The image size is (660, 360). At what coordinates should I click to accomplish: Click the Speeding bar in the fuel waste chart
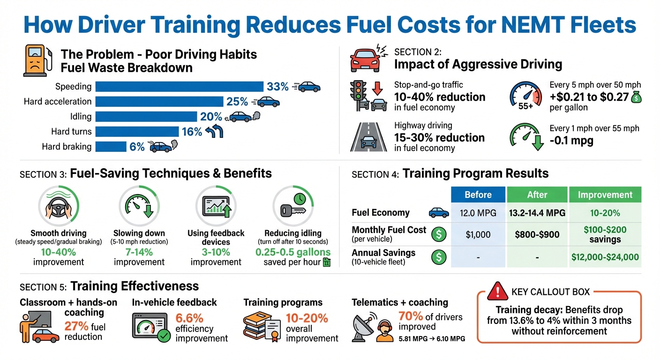click(179, 86)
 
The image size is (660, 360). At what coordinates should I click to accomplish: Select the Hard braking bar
click(111, 147)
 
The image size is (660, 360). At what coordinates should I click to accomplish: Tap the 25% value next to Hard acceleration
click(237, 102)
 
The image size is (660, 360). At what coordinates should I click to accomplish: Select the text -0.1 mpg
click(571, 141)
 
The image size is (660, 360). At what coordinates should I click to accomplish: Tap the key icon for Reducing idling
click(291, 209)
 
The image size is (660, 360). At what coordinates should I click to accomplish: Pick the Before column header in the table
click(478, 195)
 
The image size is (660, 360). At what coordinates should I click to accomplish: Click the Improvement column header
click(605, 195)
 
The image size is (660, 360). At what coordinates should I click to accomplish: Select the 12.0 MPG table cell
click(478, 213)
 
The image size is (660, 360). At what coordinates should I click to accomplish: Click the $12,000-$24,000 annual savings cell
click(605, 256)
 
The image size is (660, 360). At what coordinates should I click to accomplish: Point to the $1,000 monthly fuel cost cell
click(478, 234)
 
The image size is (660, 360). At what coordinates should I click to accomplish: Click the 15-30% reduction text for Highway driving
click(439, 137)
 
